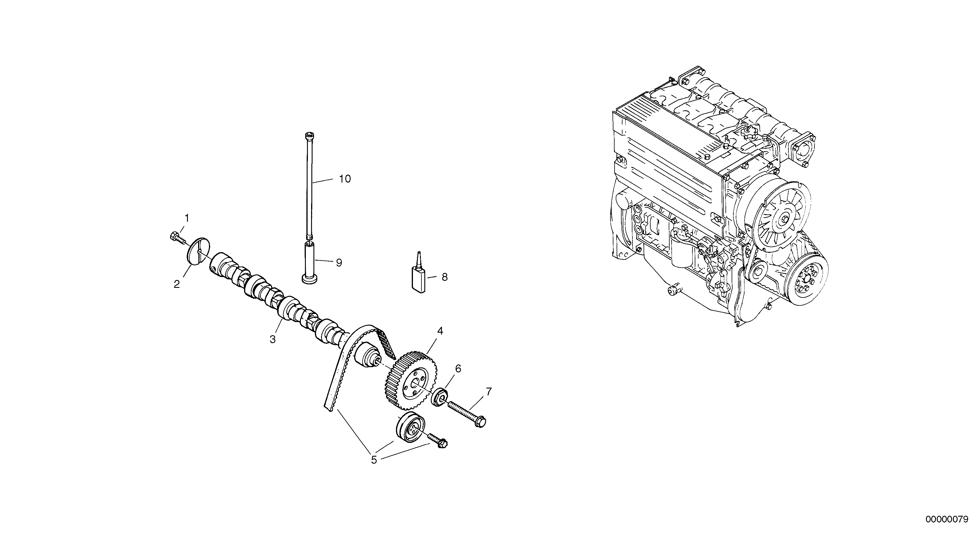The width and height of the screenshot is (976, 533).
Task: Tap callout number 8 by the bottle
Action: [445, 277]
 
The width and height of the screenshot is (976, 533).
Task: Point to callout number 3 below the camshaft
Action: [272, 339]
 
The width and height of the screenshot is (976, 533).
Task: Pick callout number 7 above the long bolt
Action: [489, 392]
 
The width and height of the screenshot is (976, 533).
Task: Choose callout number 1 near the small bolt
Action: [186, 218]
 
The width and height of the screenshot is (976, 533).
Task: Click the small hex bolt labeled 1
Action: [176, 237]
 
